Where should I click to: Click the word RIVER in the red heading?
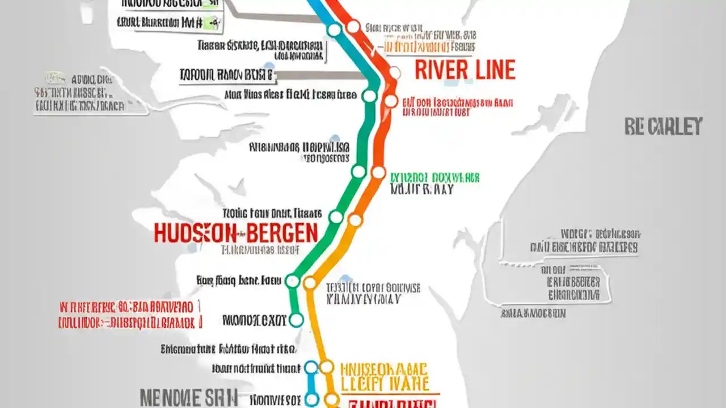(x=440, y=70)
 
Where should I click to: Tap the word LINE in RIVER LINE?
(x=492, y=70)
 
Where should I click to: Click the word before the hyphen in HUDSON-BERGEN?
(x=195, y=233)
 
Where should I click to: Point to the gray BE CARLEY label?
(x=663, y=126)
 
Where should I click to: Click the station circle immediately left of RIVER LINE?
(x=394, y=73)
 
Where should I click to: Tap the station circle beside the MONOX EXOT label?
(x=296, y=320)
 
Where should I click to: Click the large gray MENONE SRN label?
(x=189, y=397)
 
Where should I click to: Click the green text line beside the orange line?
(x=435, y=178)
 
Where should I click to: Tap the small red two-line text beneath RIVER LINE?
(x=457, y=108)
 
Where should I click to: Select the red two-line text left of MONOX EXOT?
(x=130, y=316)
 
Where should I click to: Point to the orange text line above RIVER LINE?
(x=429, y=46)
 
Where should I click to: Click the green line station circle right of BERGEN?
(x=336, y=217)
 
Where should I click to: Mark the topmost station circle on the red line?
(x=353, y=26)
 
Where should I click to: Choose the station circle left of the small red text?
(x=391, y=101)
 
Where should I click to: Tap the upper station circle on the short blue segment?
(x=311, y=367)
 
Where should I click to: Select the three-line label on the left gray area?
(x=79, y=92)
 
